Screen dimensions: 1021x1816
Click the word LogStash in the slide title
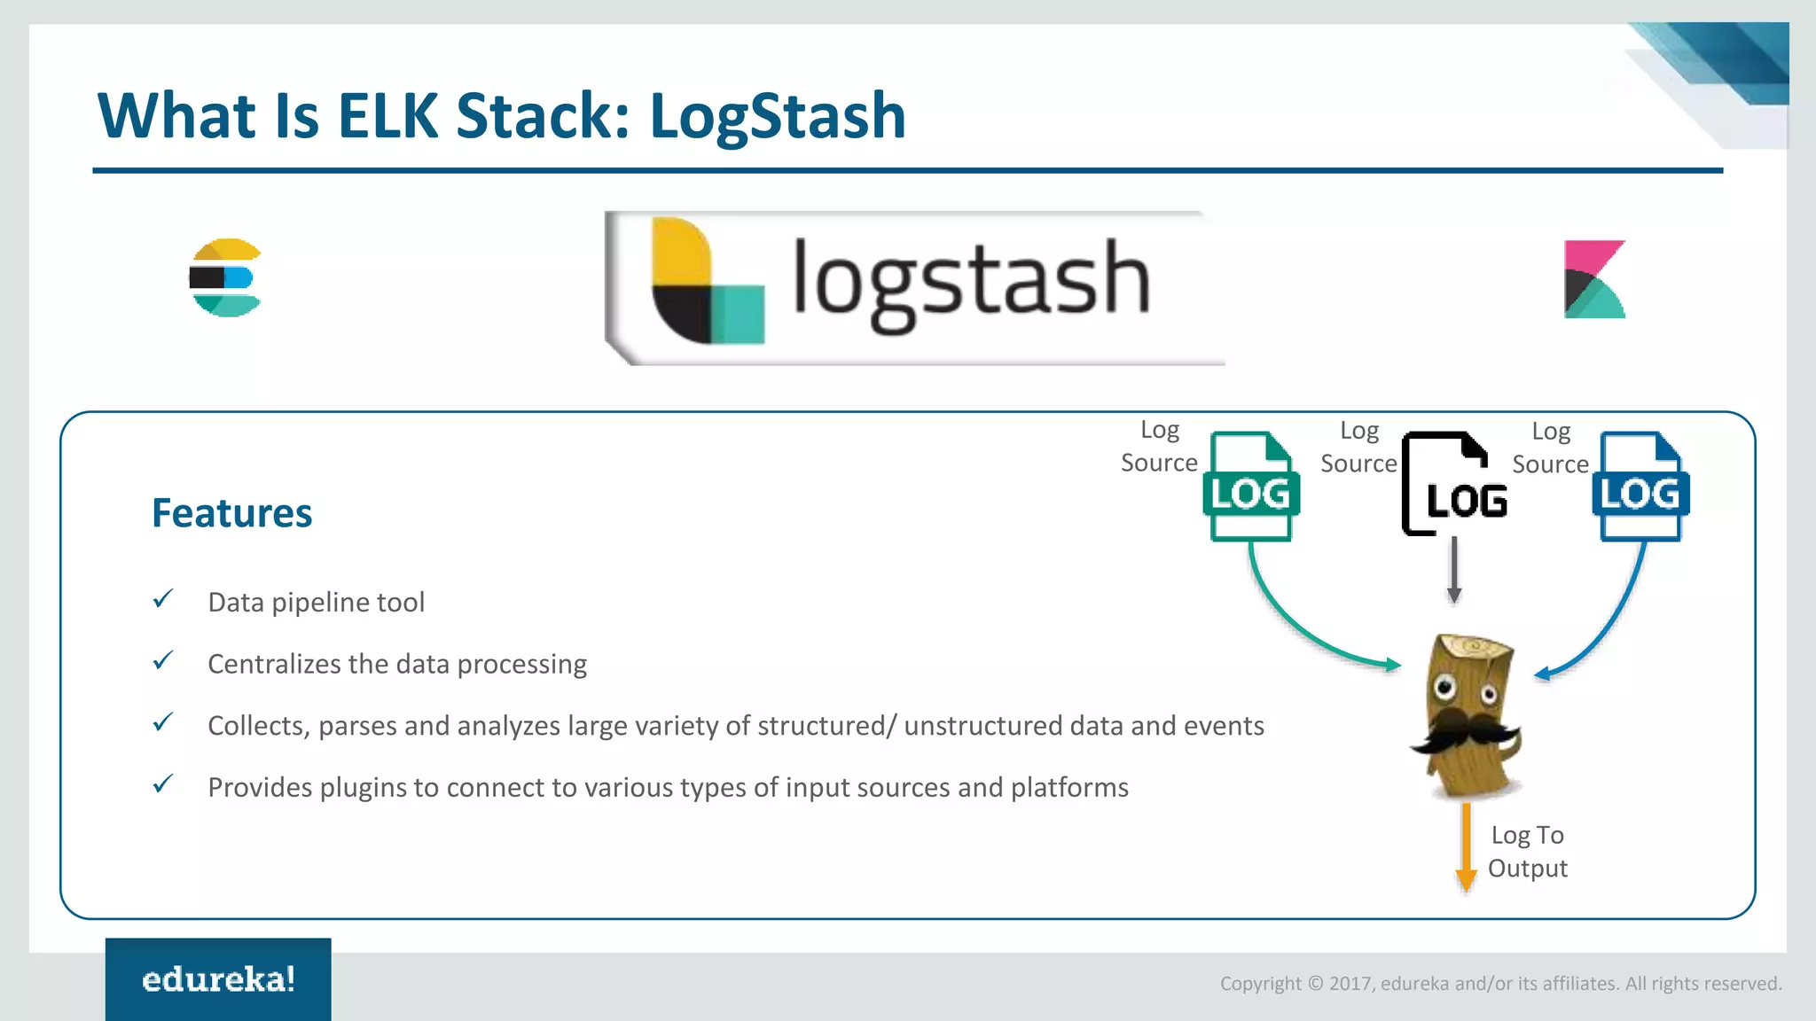tap(777, 116)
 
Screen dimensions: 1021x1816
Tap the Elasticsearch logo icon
tap(225, 277)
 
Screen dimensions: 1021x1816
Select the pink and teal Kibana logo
tap(1593, 279)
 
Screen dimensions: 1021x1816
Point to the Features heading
tap(231, 513)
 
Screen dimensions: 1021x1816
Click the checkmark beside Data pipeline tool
tap(163, 599)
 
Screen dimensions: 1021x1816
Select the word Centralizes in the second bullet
tap(274, 664)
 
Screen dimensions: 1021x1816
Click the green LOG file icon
tap(1250, 487)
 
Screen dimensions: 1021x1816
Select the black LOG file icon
tap(1453, 485)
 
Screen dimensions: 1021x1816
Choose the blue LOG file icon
tap(1640, 487)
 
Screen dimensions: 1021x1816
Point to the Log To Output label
tap(1527, 851)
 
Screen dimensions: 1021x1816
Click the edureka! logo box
tap(218, 978)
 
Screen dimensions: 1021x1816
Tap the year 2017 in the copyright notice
tap(1350, 984)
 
